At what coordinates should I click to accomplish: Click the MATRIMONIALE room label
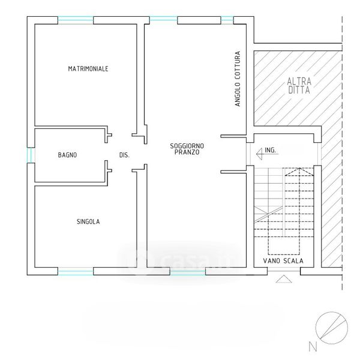pyautogui.click(x=88, y=68)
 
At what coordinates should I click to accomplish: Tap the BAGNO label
pyautogui.click(x=67, y=155)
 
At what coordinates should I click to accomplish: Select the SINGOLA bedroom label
pyautogui.click(x=88, y=221)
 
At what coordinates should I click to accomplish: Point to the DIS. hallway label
pyautogui.click(x=124, y=155)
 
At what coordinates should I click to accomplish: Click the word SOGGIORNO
pyautogui.click(x=187, y=146)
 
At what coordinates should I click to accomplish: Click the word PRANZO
pyautogui.click(x=187, y=152)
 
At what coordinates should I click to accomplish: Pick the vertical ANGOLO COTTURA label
pyautogui.click(x=238, y=79)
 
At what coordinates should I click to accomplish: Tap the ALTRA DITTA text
pyautogui.click(x=299, y=86)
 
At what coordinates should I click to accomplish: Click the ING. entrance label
pyautogui.click(x=270, y=150)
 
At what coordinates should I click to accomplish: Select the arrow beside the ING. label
pyautogui.click(x=267, y=154)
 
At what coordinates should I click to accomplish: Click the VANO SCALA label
pyautogui.click(x=283, y=261)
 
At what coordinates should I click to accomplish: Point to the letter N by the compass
pyautogui.click(x=313, y=347)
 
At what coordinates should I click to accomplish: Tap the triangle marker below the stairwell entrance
pyautogui.click(x=284, y=279)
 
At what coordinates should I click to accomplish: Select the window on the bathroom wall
pyautogui.click(x=31, y=155)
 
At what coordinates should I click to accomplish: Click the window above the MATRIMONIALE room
pyautogui.click(x=76, y=20)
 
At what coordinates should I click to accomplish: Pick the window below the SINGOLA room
pyautogui.click(x=76, y=271)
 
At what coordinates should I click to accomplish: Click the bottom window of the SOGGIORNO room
pyautogui.click(x=188, y=271)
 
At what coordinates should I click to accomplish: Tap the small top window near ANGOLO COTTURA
pyautogui.click(x=227, y=20)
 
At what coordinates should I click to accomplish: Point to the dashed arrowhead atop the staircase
pyautogui.click(x=299, y=172)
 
